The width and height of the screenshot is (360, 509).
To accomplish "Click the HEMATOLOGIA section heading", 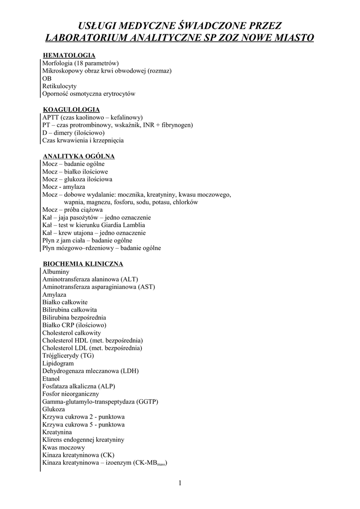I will pyautogui.click(x=69, y=56).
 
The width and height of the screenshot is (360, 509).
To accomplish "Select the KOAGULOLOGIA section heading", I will pyautogui.click(x=71, y=109).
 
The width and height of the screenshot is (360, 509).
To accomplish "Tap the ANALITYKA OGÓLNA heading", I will pyautogui.click(x=79, y=156).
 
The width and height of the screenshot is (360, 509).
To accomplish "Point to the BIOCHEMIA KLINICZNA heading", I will pyautogui.click(x=83, y=264).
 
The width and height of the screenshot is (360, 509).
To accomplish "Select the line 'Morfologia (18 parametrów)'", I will pyautogui.click(x=80, y=63).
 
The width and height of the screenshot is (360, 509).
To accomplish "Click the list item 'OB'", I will pyautogui.click(x=47, y=79).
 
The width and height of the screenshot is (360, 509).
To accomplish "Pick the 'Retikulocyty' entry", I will pyautogui.click(x=59, y=86).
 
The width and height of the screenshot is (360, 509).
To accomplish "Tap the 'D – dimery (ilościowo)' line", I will pyautogui.click(x=73, y=133).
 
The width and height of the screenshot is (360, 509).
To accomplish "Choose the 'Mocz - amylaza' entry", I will pyautogui.click(x=64, y=187).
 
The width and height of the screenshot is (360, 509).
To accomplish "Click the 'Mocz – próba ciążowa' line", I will pyautogui.click(x=73, y=210).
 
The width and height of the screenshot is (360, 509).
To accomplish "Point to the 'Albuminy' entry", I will pyautogui.click(x=56, y=272).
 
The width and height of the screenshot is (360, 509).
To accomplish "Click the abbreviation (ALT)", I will pyautogui.click(x=128, y=279).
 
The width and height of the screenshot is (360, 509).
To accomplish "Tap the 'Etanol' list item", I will pyautogui.click(x=51, y=378).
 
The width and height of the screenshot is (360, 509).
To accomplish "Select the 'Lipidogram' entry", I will pyautogui.click(x=58, y=363).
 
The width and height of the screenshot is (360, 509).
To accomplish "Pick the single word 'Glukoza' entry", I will pyautogui.click(x=54, y=409).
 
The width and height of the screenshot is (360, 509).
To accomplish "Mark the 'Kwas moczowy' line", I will pyautogui.click(x=63, y=447).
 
